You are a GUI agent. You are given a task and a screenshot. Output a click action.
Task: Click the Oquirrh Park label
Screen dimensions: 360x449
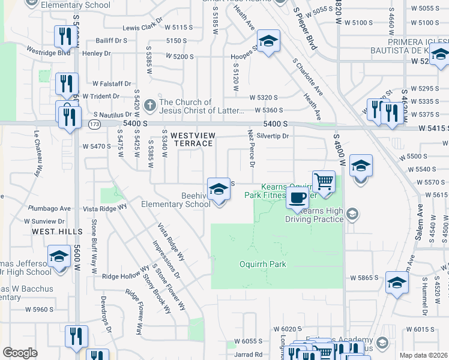[x=263, y=264]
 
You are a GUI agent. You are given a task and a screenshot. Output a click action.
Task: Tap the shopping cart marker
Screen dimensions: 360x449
[x=324, y=181]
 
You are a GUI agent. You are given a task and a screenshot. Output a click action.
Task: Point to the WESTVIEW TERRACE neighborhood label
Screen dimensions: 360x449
[x=193, y=140]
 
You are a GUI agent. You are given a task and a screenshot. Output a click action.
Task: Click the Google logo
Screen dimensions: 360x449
[x=20, y=353]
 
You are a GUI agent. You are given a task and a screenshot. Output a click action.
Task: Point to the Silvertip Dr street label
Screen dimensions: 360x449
[x=273, y=136]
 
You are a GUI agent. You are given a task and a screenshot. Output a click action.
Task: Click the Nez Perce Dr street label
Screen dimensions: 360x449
[x=252, y=148]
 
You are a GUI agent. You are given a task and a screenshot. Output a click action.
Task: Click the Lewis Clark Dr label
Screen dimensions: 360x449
[x=142, y=27]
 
